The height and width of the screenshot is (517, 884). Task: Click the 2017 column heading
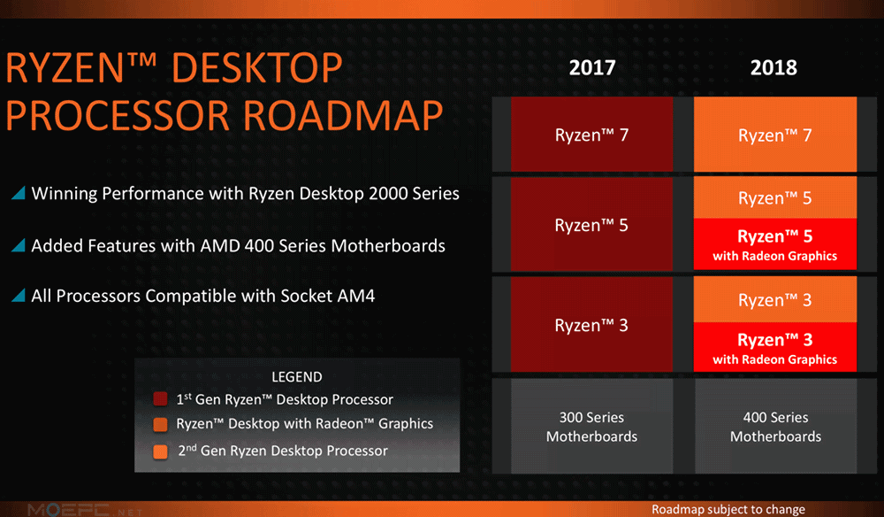coord(592,68)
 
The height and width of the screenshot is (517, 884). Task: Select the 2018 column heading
coord(773,68)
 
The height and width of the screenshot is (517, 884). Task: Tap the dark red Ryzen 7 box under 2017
coord(592,135)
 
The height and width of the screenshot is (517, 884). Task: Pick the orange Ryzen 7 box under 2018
coord(775,135)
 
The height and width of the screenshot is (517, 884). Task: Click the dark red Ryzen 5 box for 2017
coord(592,224)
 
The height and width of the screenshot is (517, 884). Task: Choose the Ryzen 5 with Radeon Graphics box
coord(775,244)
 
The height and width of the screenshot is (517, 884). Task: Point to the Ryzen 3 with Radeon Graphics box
coord(775,347)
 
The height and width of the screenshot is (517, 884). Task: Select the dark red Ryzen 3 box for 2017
coord(592,325)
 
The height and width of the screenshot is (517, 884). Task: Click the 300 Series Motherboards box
coord(592,426)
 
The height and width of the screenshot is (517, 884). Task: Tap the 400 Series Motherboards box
coord(776,426)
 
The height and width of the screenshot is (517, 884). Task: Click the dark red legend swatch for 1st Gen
coord(160,399)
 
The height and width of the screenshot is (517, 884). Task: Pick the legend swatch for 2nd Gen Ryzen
coord(161,451)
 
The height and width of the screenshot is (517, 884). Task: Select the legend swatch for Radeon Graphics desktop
coord(161,424)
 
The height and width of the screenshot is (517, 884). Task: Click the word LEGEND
coord(296,377)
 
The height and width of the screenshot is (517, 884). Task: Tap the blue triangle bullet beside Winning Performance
coord(19,193)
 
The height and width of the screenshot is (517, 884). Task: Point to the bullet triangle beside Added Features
coord(19,245)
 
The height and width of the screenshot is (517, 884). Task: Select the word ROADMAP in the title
coord(343,116)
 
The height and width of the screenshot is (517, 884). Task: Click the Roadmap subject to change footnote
coord(728,509)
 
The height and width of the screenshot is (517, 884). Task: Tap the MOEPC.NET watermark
coord(85,510)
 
